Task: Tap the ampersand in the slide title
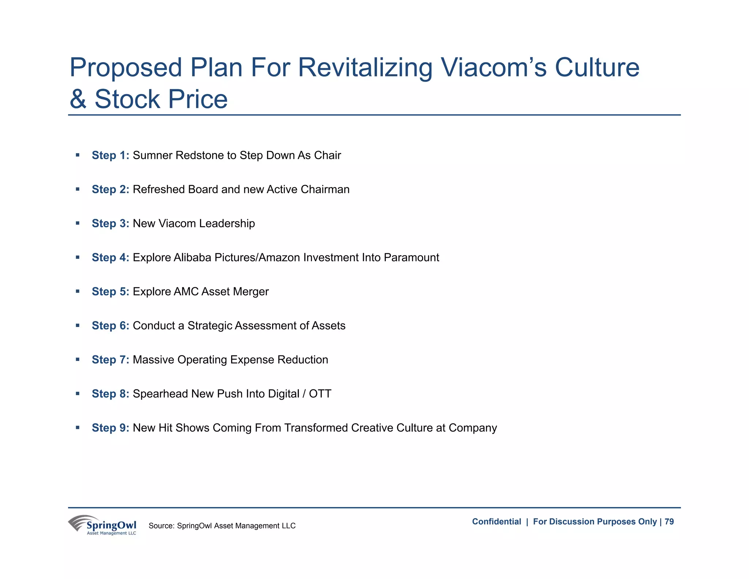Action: (78, 99)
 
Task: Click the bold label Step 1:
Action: (110, 155)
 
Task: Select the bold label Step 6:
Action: (110, 325)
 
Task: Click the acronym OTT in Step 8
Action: (320, 393)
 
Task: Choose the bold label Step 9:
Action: (110, 427)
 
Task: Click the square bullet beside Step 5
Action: (78, 291)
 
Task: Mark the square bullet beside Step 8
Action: (78, 393)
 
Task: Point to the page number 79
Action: (669, 522)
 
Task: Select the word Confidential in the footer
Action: (496, 522)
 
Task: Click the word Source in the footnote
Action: (161, 526)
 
